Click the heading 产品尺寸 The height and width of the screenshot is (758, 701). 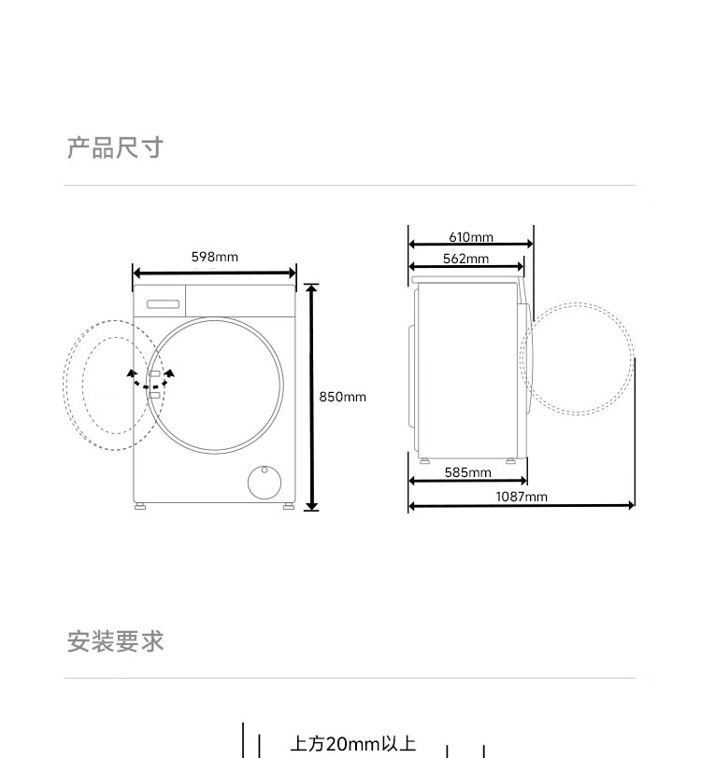115,147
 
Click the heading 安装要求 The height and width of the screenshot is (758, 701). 115,642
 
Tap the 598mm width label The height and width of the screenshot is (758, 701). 214,257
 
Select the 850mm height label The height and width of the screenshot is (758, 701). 343,397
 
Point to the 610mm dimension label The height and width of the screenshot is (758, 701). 470,237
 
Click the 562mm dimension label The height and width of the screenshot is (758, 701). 465,259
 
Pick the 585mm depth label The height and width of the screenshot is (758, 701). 467,472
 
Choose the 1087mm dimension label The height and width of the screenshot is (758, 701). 521,497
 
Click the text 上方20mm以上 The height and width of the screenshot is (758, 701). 352,744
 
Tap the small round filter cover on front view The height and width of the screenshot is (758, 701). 264,482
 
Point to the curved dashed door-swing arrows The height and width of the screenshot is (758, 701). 150,379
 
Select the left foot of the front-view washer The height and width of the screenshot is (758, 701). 140,506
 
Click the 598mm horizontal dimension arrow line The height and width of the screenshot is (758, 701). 214,274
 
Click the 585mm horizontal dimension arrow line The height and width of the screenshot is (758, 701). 467,482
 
